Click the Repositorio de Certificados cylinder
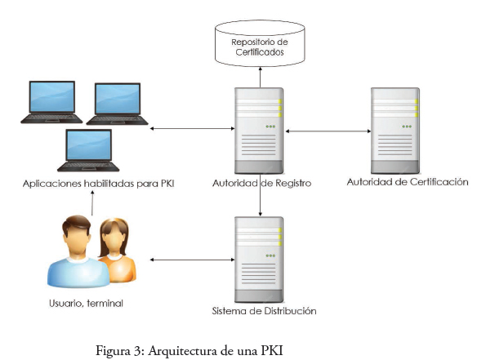click(x=260, y=43)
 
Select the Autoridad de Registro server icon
click(x=259, y=131)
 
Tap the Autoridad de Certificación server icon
click(x=395, y=131)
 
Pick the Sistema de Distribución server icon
click(x=259, y=260)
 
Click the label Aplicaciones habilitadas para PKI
click(x=99, y=184)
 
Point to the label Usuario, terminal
click(x=86, y=304)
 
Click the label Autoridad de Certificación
click(x=408, y=182)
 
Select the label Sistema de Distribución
click(x=264, y=311)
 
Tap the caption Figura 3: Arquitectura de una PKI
click(x=189, y=351)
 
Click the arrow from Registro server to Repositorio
click(x=260, y=77)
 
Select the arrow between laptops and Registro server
click(x=192, y=128)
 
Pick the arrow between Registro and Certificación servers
click(x=328, y=131)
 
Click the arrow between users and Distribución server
click(x=192, y=260)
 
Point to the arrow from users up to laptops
click(x=92, y=203)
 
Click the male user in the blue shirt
click(x=78, y=251)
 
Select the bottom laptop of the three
click(x=88, y=150)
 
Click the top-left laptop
click(x=51, y=102)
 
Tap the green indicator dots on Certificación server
click(x=407, y=127)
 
